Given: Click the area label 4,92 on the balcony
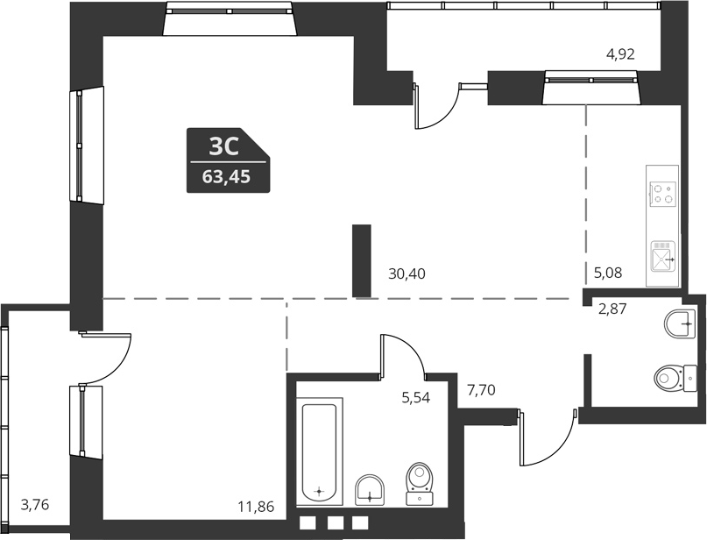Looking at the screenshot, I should (x=620, y=54).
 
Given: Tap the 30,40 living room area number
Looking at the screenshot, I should (x=407, y=274).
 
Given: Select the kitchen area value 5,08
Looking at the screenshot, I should (x=608, y=274).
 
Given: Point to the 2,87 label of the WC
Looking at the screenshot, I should (x=613, y=308).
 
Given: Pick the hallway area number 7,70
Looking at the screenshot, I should (x=482, y=390).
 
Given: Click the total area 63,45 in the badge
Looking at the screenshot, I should (x=226, y=176).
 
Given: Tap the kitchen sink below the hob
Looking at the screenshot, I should (x=662, y=257).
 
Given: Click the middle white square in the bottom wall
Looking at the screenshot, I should (x=334, y=524).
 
